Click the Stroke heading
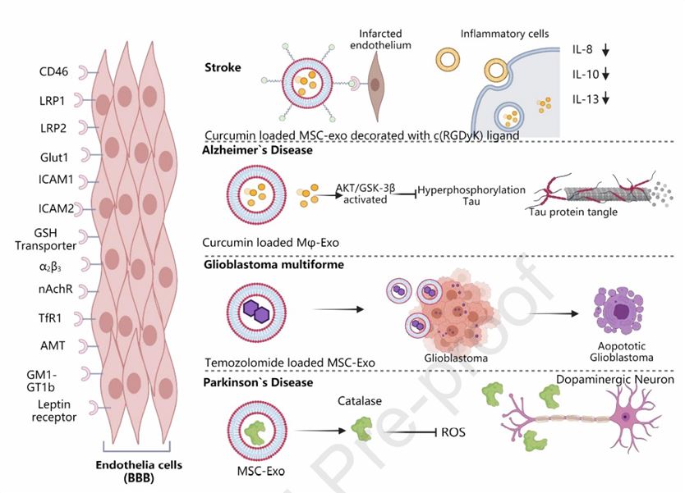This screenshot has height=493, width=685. tap(223, 66)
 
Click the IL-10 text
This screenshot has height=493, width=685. tap(586, 75)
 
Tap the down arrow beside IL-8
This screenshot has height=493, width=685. tap(606, 50)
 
